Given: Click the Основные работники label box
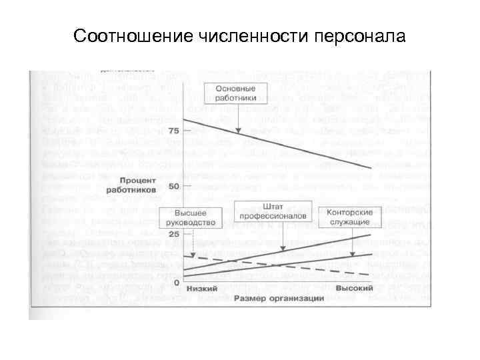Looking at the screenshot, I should point(237,92).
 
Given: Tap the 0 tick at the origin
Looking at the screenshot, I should point(176,283).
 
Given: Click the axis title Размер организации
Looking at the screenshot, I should point(279,298).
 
